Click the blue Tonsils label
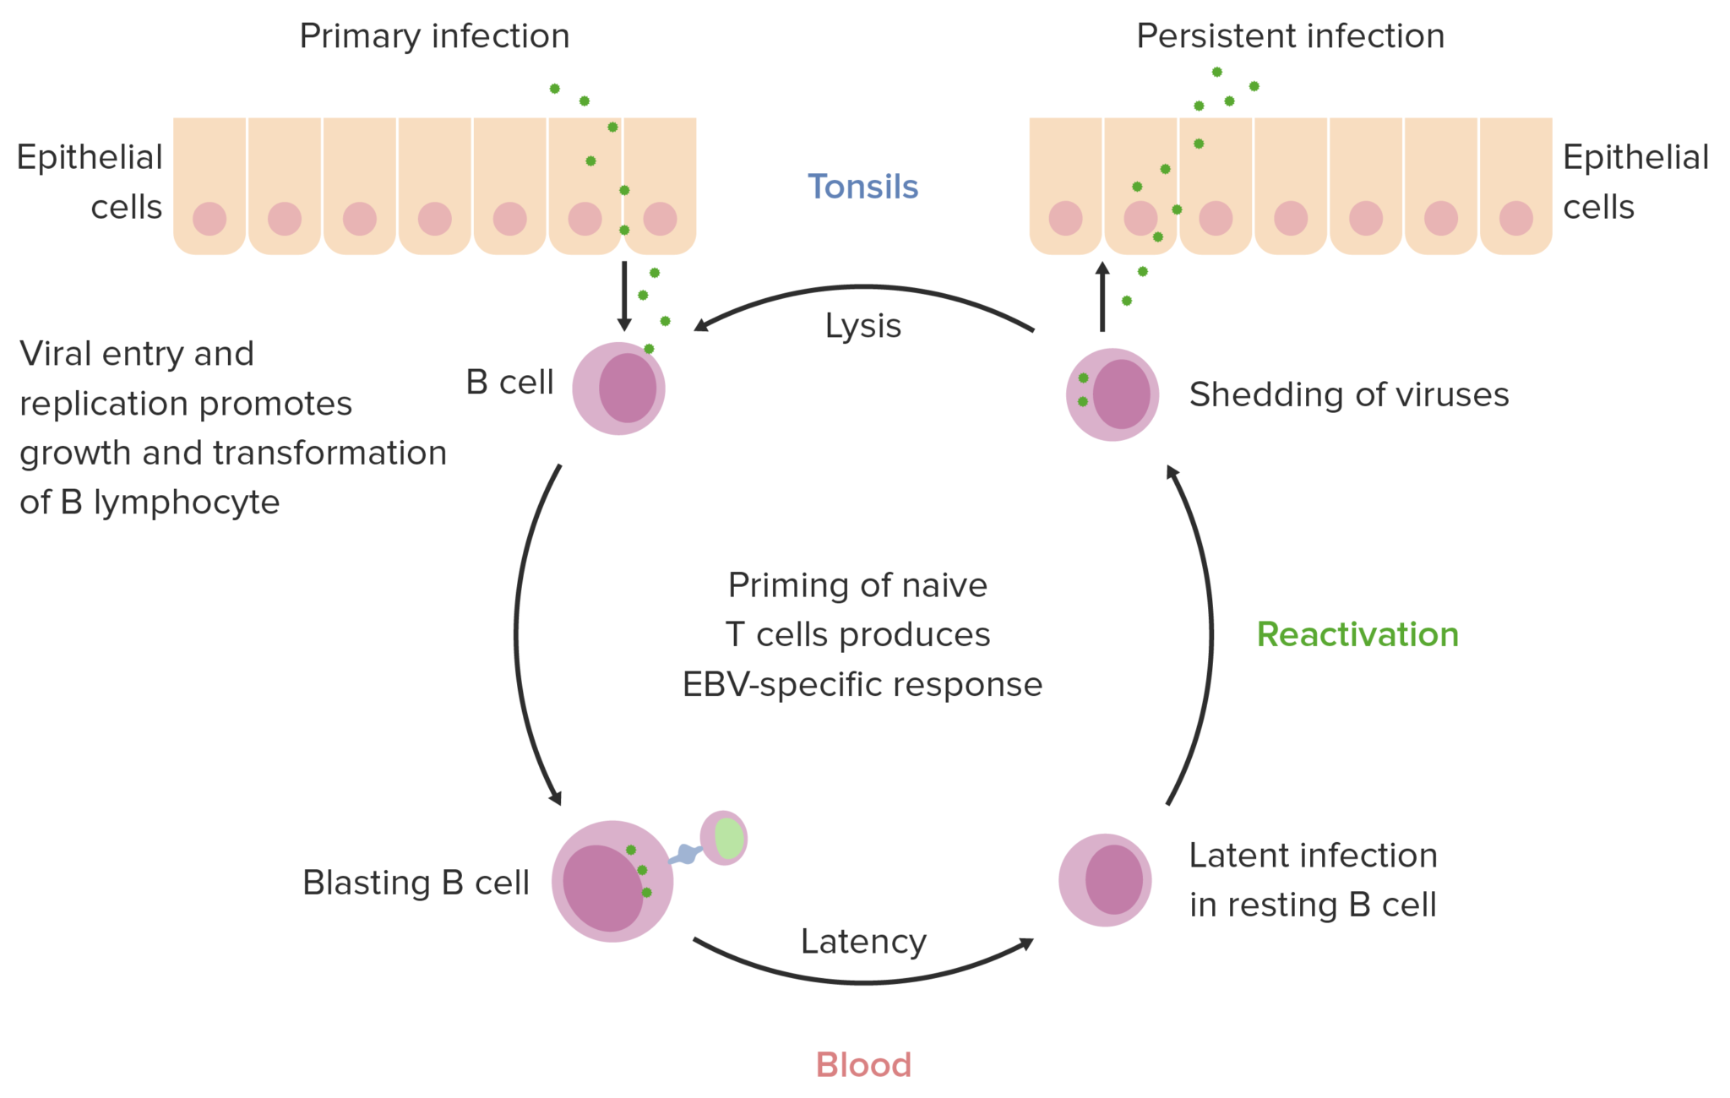pos(862,187)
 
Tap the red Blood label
pos(863,1064)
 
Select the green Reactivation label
pos(1357,634)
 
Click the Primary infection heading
pos(434,36)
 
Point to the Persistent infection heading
pos(1290,36)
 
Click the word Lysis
pos(862,326)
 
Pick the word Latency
pos(863,941)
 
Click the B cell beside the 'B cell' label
pos(619,389)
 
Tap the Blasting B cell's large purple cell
pos(612,881)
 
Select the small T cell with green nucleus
pos(724,838)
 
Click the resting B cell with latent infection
pos(1105,880)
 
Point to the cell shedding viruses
pos(1113,394)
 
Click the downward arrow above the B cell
pos(624,296)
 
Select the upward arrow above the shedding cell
pos(1102,296)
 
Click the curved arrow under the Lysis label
pos(862,288)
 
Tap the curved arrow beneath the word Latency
pos(863,981)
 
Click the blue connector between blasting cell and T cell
pos(686,855)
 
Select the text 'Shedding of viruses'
pos(1348,394)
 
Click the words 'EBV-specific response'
pos(862,684)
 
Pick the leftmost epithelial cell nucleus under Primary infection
pos(209,219)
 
